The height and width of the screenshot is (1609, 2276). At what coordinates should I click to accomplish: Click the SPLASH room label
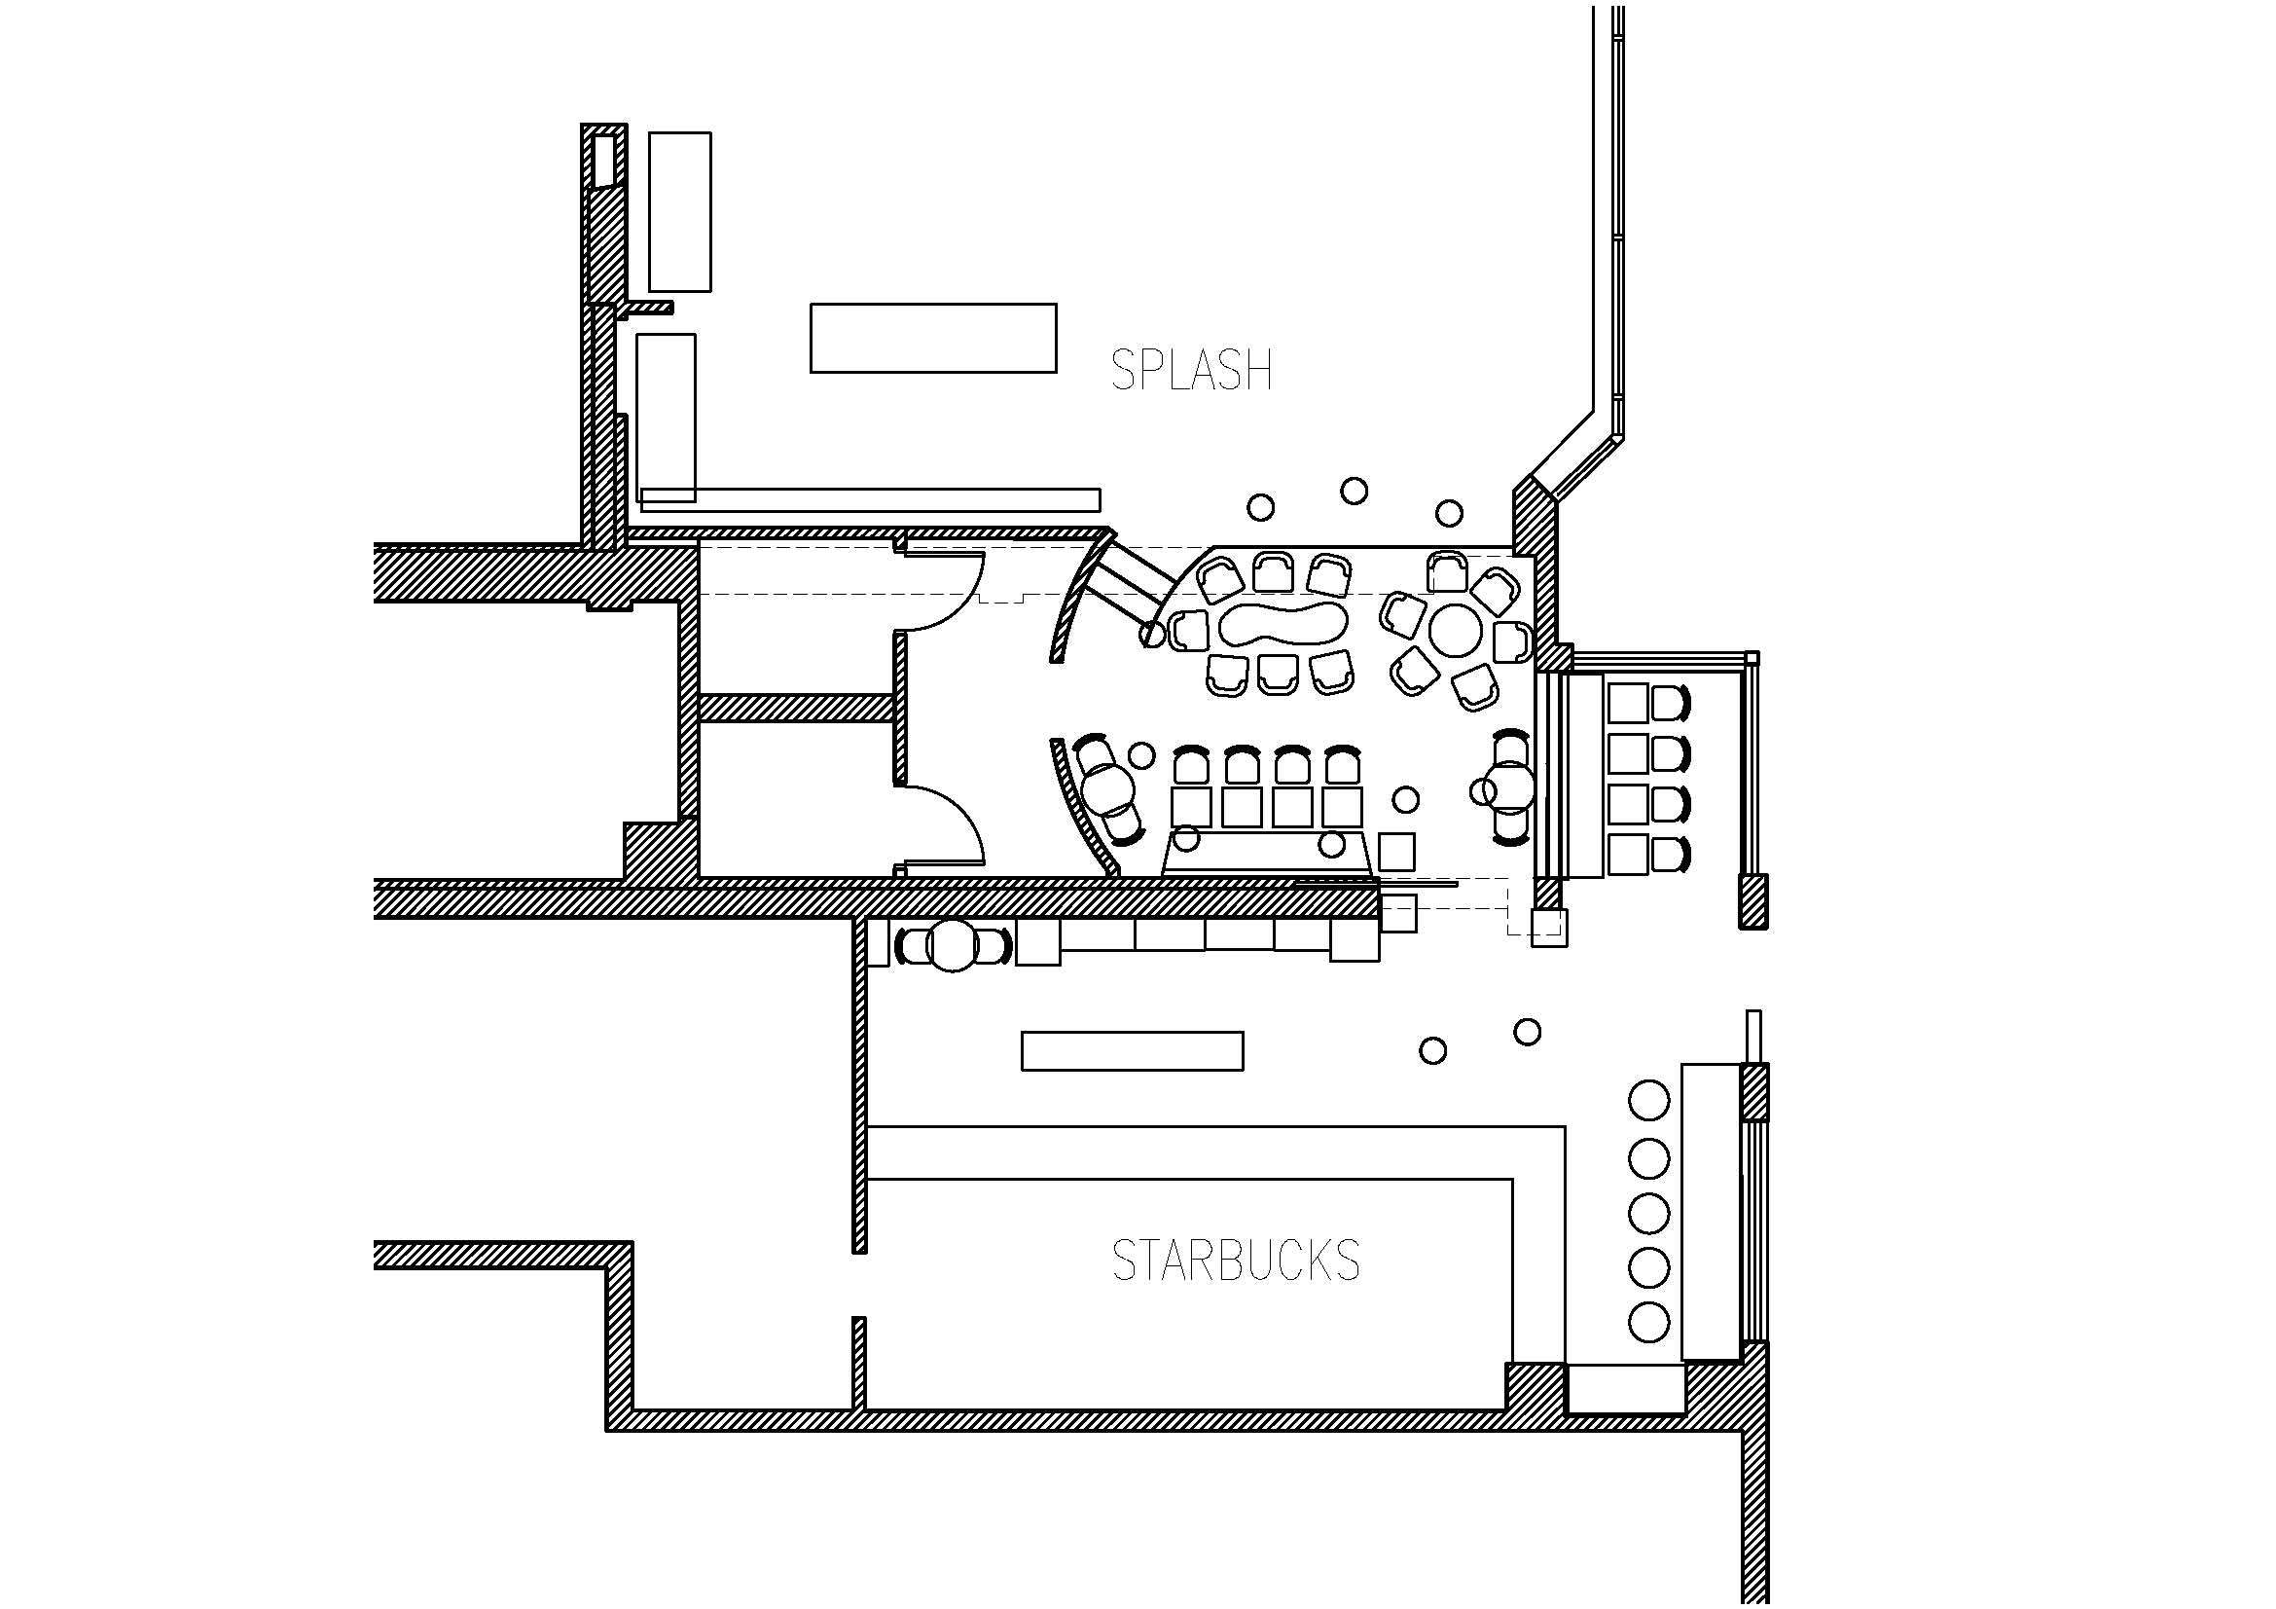coord(1192,370)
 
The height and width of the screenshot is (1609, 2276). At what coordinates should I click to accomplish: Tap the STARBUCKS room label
coord(1236,1260)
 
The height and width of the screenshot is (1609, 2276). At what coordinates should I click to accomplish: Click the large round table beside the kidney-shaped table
coord(1455,631)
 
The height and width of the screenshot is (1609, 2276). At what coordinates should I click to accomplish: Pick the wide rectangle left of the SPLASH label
coord(933,338)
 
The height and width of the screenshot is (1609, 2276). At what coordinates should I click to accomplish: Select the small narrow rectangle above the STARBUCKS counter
coord(1132,1051)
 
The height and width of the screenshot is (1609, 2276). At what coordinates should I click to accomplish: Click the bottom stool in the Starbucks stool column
coord(1648,1322)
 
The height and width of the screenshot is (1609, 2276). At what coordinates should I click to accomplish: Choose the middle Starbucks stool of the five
coord(1648,1212)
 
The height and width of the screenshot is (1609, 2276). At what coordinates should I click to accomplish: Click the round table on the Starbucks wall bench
coord(954,946)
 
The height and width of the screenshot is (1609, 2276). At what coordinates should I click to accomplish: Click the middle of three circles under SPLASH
coord(1355,491)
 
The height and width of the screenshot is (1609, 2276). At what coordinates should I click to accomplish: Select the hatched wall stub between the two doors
coord(797,707)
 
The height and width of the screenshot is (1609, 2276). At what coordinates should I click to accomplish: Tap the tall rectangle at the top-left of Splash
coord(680,212)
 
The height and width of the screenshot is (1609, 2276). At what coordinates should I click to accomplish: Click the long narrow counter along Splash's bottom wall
coord(870,499)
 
